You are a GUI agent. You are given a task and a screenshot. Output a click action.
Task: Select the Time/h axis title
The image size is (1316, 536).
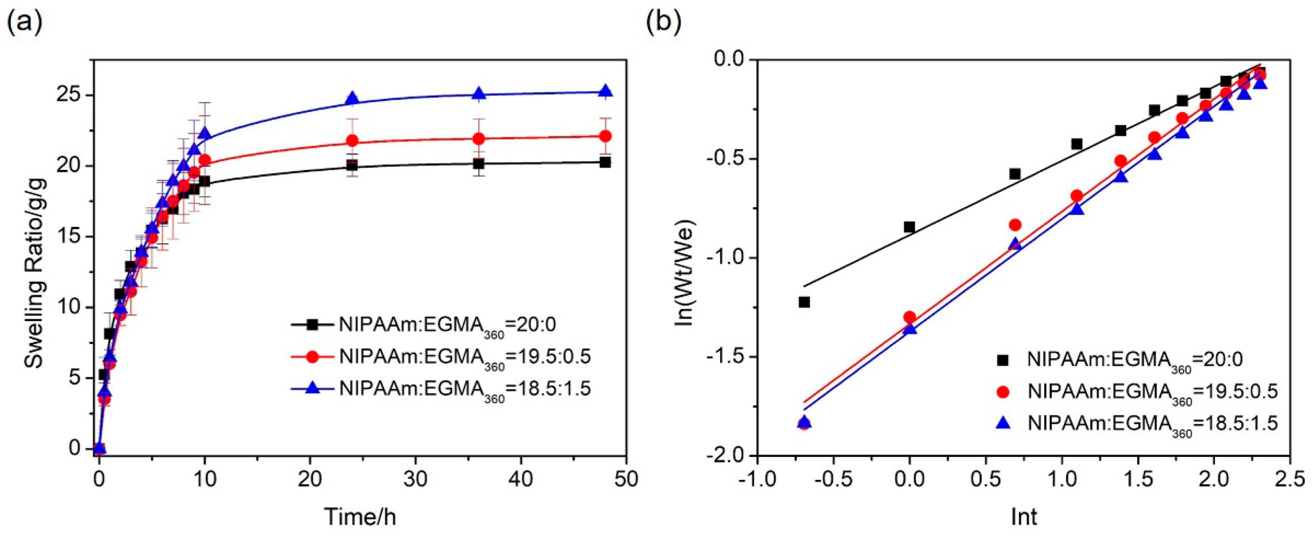click(x=360, y=517)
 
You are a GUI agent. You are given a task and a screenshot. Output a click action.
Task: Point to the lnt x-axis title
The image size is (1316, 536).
click(x=1024, y=517)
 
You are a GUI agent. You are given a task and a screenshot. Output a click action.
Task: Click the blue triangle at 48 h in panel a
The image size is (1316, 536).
click(x=605, y=91)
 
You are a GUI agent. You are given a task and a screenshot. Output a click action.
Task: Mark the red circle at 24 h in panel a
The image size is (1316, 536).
click(x=352, y=140)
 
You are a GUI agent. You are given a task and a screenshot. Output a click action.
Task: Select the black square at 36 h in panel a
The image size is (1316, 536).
click(x=479, y=163)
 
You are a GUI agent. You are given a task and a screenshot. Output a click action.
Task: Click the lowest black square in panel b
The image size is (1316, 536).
click(x=804, y=302)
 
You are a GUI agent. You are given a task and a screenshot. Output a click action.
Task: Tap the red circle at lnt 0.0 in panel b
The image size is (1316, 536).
click(x=909, y=317)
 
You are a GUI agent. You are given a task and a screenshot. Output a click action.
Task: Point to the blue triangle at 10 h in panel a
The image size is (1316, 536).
click(x=204, y=134)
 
